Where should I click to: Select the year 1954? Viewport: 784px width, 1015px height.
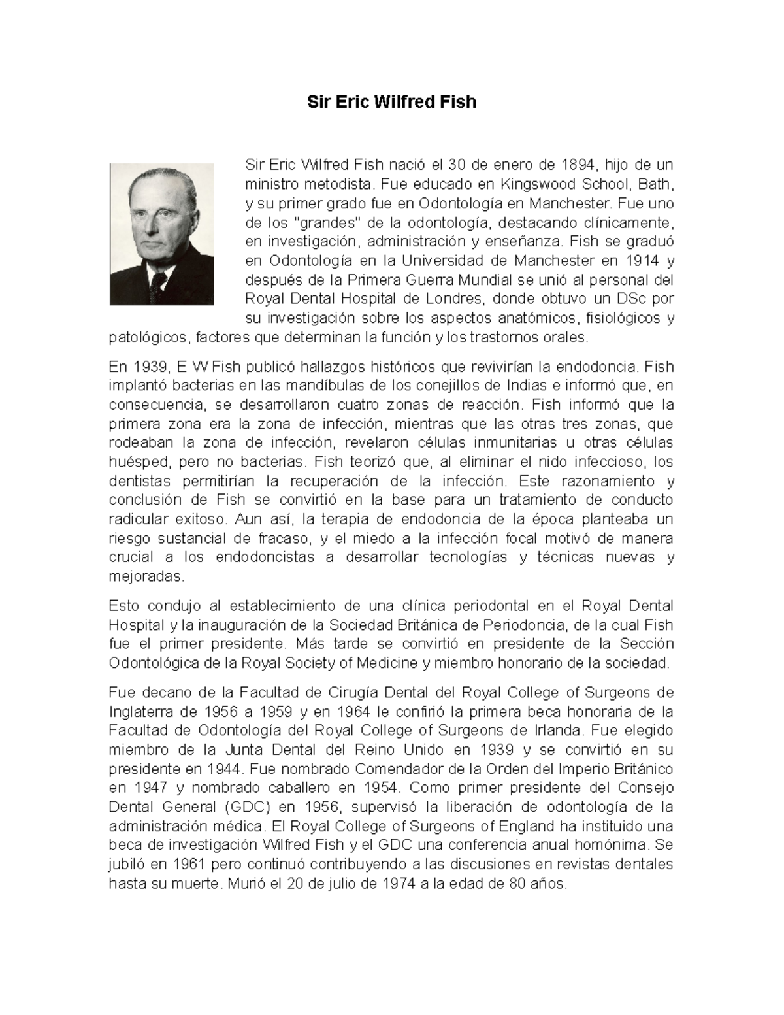(381, 788)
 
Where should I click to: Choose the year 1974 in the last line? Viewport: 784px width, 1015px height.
(415, 884)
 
